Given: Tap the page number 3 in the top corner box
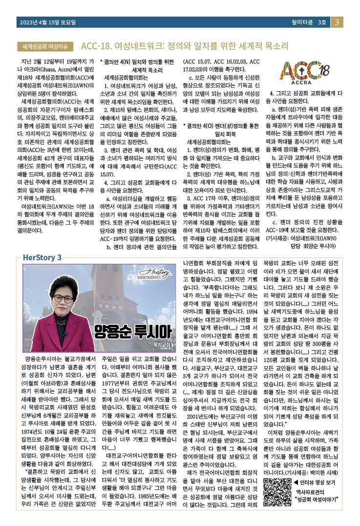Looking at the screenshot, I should point(338,22).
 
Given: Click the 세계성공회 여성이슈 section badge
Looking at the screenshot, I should point(45,46).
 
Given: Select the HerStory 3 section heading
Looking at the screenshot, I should point(42,257).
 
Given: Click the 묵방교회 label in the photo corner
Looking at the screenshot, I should point(161,345).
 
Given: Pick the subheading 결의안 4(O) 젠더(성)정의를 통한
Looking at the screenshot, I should point(222,126).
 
